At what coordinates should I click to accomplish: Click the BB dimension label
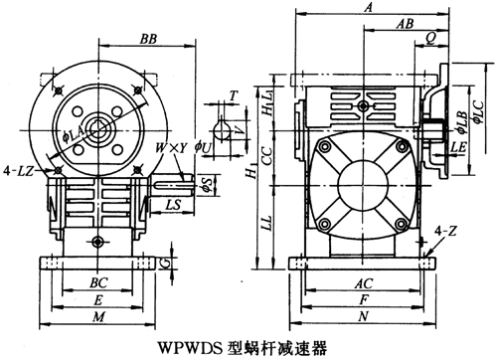tap(148, 39)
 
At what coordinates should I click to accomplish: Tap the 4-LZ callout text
tap(19, 171)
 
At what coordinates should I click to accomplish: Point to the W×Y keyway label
tap(172, 148)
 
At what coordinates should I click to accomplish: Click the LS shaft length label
tap(173, 204)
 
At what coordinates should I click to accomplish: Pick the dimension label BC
tap(98, 282)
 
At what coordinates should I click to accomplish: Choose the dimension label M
tap(98, 317)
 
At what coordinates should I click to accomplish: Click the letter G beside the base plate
tap(167, 264)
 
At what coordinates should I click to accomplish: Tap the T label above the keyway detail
tap(234, 95)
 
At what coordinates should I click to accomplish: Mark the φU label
tap(203, 148)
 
